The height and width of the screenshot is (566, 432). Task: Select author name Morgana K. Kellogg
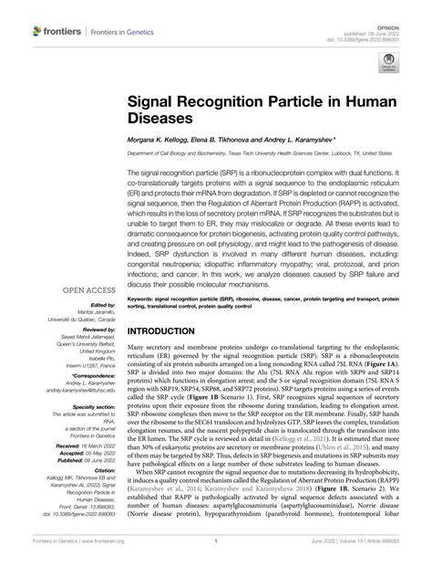click(157, 141)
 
